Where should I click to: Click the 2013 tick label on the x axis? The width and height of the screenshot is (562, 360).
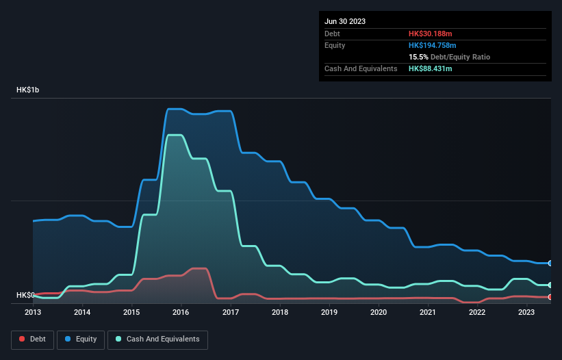coord(33,312)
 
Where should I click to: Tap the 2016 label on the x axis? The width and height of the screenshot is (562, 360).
coord(181,312)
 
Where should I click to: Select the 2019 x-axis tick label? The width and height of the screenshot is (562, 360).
coord(329,312)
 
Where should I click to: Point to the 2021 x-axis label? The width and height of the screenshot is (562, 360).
coord(428,312)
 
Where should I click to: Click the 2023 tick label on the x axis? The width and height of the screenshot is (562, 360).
coord(526,312)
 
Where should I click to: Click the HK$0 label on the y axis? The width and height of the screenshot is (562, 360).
coord(25,295)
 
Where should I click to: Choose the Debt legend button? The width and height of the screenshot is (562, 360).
coord(31,339)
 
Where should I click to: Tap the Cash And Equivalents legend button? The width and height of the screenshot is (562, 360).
coord(157,339)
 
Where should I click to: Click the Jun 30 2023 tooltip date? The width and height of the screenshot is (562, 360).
coord(345,21)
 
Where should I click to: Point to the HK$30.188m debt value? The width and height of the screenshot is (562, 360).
coord(430,34)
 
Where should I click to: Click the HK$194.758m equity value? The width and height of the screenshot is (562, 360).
coord(433,45)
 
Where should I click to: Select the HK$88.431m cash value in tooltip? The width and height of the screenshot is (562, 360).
coord(430,68)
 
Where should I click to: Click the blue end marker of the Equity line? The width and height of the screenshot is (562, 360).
coord(550,263)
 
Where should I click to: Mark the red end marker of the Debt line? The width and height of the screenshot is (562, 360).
coord(550,296)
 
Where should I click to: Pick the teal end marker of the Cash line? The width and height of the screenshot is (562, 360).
coord(550,285)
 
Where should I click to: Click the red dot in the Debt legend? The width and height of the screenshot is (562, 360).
coord(23,339)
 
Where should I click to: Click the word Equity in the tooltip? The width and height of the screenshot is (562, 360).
coord(335,45)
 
